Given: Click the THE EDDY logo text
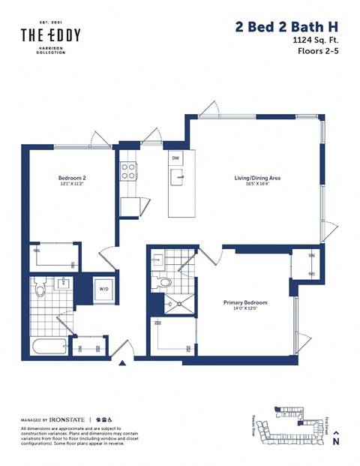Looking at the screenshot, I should pyautogui.click(x=50, y=35).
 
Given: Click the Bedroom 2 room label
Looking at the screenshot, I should pyautogui.click(x=73, y=178).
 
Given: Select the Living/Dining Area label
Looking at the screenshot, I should pyautogui.click(x=257, y=178).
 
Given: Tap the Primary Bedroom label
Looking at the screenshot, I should pyautogui.click(x=245, y=302).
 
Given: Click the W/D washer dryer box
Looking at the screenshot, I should pyautogui.click(x=103, y=289).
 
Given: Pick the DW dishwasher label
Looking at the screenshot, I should pyautogui.click(x=175, y=158).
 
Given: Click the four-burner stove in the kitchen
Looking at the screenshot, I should pyautogui.click(x=128, y=172).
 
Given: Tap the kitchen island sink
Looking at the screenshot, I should pyautogui.click(x=178, y=178).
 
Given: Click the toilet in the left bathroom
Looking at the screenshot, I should pyautogui.click(x=43, y=285).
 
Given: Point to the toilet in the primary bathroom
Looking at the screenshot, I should pyautogui.click(x=163, y=282).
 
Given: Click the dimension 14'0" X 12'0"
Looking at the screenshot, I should pyautogui.click(x=245, y=310).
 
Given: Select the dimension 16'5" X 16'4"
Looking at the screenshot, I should pyautogui.click(x=257, y=185).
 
